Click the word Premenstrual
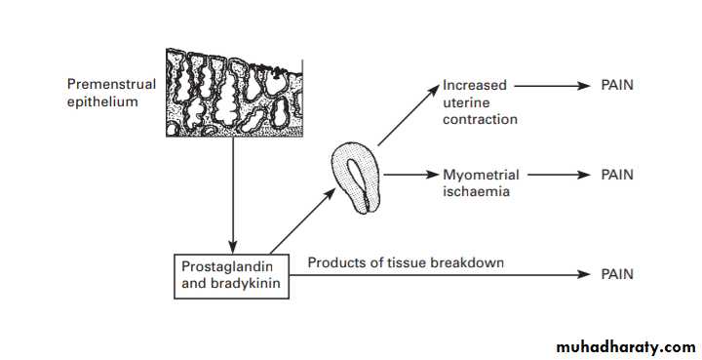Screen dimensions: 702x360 tap(111, 84)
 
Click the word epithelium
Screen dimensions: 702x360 tap(102, 102)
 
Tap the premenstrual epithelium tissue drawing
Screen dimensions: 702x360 tap(234, 93)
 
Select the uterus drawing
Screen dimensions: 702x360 tap(357, 177)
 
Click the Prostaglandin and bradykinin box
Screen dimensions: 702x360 tap(231, 276)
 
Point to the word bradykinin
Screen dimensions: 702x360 tap(246, 284)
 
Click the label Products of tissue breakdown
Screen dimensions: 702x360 tap(406, 262)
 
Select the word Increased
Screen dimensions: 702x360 tap(475, 85)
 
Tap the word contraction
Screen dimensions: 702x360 tap(480, 120)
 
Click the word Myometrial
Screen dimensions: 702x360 tap(481, 175)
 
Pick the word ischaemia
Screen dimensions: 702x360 tap(477, 191)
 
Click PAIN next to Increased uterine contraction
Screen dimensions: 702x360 tap(617, 85)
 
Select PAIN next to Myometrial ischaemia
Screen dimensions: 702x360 tap(617, 175)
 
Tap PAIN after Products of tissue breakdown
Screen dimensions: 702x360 tap(617, 274)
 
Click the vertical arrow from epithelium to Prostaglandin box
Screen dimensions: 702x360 tap(232, 195)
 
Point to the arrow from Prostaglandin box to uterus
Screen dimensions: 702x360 tap(302, 220)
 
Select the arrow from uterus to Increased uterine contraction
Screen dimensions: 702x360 tap(409, 115)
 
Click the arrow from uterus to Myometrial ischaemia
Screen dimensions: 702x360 tap(410, 175)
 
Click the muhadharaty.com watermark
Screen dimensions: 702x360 tap(626, 346)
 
